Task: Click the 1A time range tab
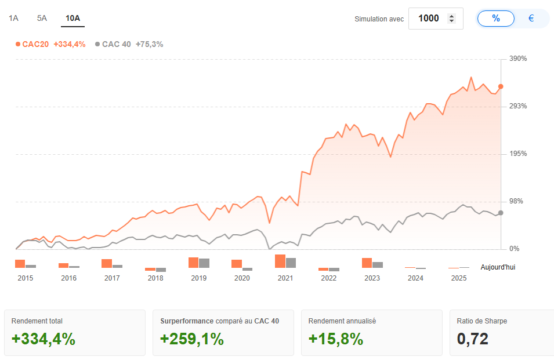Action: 13,18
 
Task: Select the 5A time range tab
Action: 42,18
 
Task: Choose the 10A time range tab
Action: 73,18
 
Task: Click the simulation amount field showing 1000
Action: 429,19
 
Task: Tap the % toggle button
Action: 495,19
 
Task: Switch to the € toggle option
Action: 531,19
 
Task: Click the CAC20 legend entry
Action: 50,44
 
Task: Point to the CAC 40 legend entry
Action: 129,44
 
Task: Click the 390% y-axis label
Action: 518,59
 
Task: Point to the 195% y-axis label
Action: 518,154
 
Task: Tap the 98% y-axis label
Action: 516,202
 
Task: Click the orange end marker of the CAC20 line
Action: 501,86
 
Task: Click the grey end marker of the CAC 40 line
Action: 501,213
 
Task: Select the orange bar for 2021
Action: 280,261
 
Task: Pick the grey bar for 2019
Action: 204,263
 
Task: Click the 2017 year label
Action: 112,278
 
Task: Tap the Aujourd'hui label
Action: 498,267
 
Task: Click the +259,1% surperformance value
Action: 192,339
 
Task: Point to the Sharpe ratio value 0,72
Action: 472,339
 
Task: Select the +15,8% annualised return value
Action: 336,339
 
